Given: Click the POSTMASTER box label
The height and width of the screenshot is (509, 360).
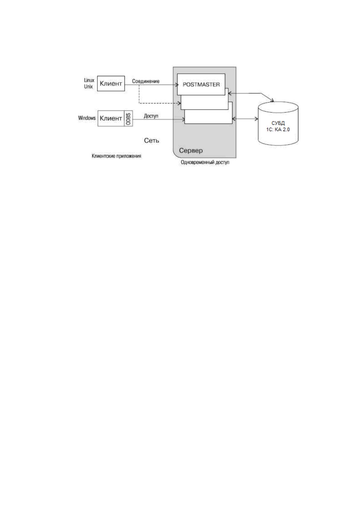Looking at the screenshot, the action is (x=201, y=85).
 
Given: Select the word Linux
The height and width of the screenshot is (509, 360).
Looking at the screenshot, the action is (x=89, y=80).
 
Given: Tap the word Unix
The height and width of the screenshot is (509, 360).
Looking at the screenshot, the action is (x=88, y=86).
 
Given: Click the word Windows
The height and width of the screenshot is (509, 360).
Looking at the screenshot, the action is (x=87, y=118).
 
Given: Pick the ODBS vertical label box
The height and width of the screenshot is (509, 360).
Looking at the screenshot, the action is (x=128, y=118).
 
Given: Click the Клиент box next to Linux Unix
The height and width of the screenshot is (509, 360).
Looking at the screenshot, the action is (x=111, y=83).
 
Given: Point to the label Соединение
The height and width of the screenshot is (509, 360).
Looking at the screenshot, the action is (x=146, y=81).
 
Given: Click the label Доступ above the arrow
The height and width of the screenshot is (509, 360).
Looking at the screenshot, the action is (x=151, y=116).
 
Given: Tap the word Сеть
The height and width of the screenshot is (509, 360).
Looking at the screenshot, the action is (x=152, y=141).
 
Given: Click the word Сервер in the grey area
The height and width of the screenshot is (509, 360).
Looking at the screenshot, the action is (x=191, y=151).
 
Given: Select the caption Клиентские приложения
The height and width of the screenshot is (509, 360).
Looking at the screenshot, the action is (x=116, y=156).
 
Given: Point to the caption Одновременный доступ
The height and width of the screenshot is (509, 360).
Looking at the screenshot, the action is (x=205, y=163).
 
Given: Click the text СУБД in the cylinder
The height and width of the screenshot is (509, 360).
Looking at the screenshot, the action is (x=278, y=123).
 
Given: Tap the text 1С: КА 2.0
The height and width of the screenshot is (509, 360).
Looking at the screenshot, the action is (x=278, y=130).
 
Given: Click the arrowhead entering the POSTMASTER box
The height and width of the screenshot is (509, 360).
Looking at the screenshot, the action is (x=177, y=85).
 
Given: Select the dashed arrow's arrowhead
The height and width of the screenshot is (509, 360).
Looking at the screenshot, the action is (x=179, y=103).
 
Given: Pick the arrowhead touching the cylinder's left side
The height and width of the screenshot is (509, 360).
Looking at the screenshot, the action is (x=257, y=118).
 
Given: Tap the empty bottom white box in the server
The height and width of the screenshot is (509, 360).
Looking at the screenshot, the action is (x=208, y=117).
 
